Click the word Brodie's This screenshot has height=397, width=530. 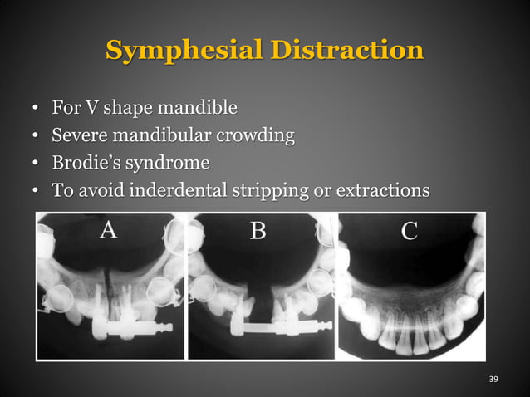81,163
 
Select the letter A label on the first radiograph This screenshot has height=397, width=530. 108,229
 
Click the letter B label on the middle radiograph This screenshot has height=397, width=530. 258,229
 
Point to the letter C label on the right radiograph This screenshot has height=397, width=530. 409,230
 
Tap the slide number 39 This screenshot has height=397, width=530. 493,379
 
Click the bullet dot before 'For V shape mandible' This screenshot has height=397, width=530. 34,110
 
